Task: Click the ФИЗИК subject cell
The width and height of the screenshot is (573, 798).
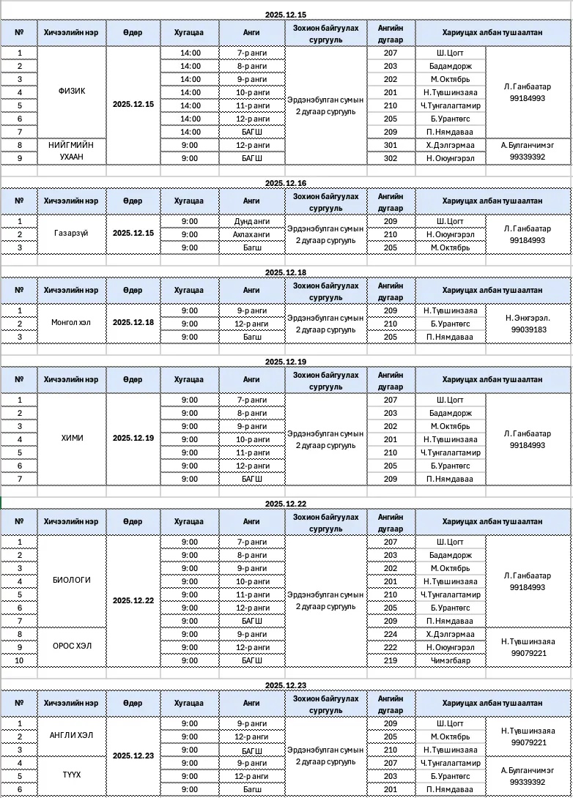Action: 72,92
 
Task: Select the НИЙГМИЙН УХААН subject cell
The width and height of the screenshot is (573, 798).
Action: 72,151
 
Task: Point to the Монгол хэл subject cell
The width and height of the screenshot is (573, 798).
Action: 72,323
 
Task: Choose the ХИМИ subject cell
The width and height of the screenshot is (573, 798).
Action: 72,439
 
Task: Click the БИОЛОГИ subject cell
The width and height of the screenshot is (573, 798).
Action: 72,580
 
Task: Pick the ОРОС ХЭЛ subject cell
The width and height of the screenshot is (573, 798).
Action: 72,646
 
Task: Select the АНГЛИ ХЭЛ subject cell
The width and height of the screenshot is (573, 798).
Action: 72,736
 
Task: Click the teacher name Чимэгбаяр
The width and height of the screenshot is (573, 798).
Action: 450,660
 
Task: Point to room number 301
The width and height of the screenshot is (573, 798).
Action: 390,145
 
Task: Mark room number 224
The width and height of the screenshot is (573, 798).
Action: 390,633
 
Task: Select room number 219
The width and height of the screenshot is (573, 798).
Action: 390,660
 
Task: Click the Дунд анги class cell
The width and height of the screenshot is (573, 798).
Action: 251,221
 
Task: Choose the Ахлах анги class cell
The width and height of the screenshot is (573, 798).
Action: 251,234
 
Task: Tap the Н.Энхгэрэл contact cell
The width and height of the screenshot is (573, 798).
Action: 528,318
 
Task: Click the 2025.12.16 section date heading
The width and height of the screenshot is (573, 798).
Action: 286,183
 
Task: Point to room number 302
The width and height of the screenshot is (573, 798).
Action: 390,158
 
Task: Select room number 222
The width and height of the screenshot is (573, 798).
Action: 390,646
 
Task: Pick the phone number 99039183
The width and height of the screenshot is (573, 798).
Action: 528,330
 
